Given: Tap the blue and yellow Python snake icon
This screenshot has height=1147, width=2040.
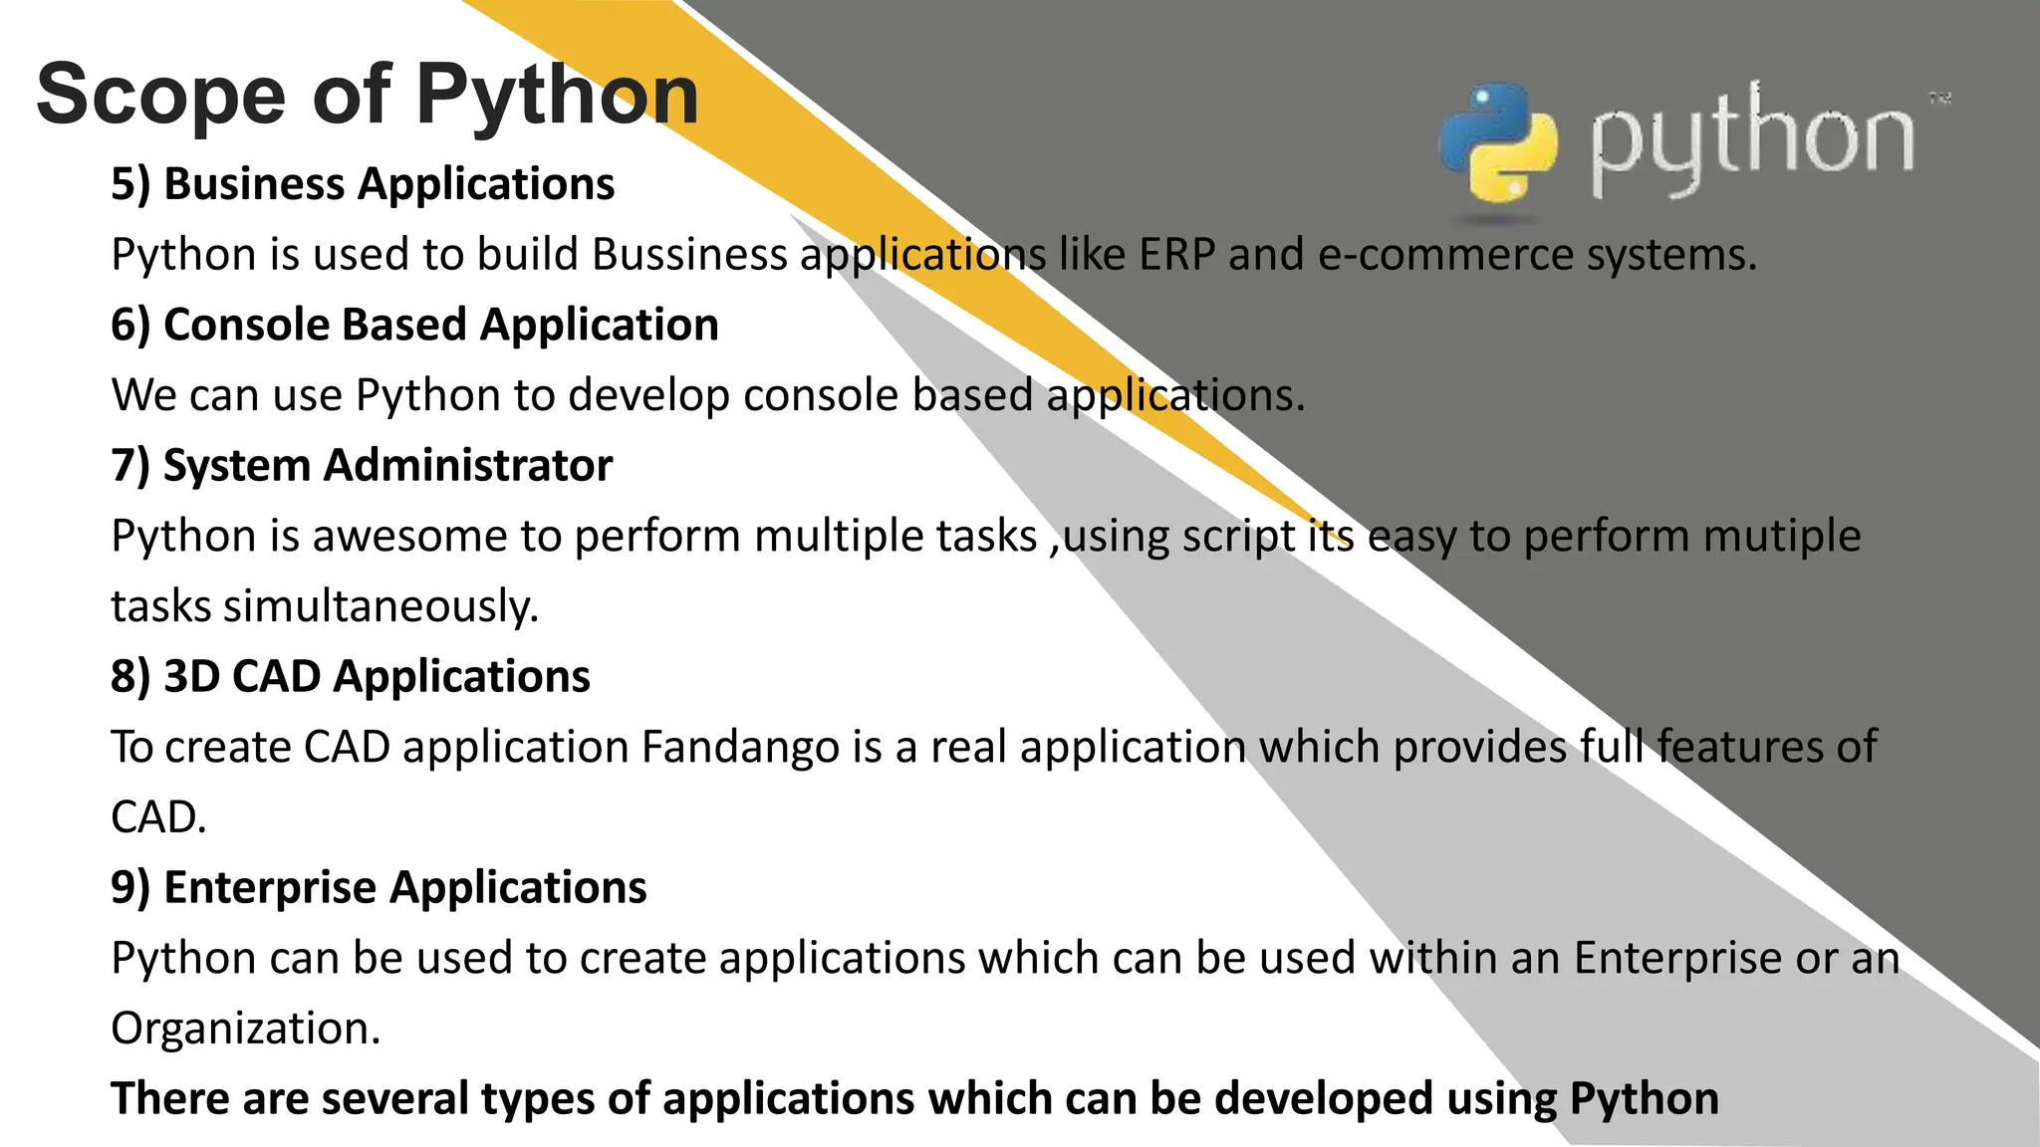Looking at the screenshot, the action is point(1497,143).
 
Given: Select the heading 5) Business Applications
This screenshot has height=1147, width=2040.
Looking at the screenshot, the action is point(363,184).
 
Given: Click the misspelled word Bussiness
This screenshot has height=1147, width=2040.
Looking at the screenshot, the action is point(689,255).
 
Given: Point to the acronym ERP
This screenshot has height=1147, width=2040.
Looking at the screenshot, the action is point(1177,255).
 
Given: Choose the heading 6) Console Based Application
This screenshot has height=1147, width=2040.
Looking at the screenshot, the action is point(414,326).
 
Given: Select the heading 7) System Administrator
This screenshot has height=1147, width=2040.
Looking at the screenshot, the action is point(362,466).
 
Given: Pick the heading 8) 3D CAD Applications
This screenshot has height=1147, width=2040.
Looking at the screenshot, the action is point(351,677).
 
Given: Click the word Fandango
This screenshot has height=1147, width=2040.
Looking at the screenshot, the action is point(740,747).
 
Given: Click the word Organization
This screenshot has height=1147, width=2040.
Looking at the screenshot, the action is point(245,1029).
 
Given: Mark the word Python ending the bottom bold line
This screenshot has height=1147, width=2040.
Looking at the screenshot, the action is point(1644,1099).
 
